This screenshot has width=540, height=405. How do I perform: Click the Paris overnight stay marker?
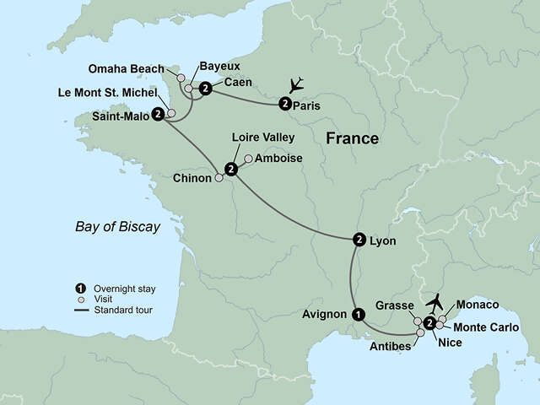pos(284,104)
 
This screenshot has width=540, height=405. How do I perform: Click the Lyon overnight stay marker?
pos(359,240)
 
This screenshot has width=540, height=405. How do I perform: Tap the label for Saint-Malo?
pos(119,118)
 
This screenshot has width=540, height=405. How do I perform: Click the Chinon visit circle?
pos(219,178)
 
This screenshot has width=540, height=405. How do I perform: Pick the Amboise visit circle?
pos(247,159)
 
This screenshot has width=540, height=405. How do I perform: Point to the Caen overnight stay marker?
pos(205,86)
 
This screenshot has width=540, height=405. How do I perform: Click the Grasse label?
pos(394,305)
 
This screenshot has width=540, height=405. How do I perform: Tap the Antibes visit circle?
pos(420,333)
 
